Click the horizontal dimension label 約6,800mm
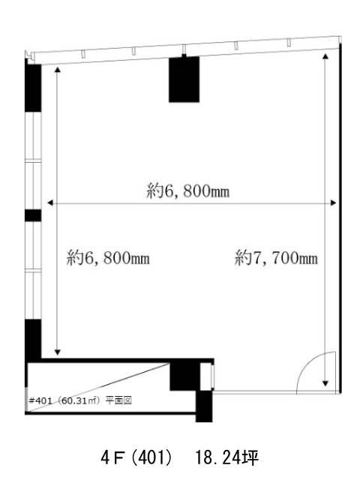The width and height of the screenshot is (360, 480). [x=188, y=191]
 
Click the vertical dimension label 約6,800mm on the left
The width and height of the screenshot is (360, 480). [x=108, y=258]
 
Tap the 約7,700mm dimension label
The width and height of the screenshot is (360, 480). [x=276, y=258]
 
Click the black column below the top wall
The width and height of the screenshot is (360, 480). [x=184, y=79]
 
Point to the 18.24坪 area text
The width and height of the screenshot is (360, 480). [x=226, y=458]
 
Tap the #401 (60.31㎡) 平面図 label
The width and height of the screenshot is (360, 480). [x=80, y=400]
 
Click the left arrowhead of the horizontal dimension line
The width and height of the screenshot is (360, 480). [x=50, y=202]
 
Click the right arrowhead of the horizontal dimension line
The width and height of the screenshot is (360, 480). [x=333, y=202]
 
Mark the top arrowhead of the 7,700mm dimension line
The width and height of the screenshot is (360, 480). [x=325, y=56]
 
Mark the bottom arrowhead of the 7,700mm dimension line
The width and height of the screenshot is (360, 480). [x=325, y=383]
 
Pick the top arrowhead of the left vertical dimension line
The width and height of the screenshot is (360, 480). [x=57, y=70]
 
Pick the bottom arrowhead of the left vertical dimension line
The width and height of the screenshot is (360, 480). [x=57, y=352]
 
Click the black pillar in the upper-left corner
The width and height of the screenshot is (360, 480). [x=33, y=88]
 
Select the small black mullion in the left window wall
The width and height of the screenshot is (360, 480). [x=33, y=215]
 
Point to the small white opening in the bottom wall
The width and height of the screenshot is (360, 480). [x=206, y=376]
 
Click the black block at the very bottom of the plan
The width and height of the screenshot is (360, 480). [x=204, y=406]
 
